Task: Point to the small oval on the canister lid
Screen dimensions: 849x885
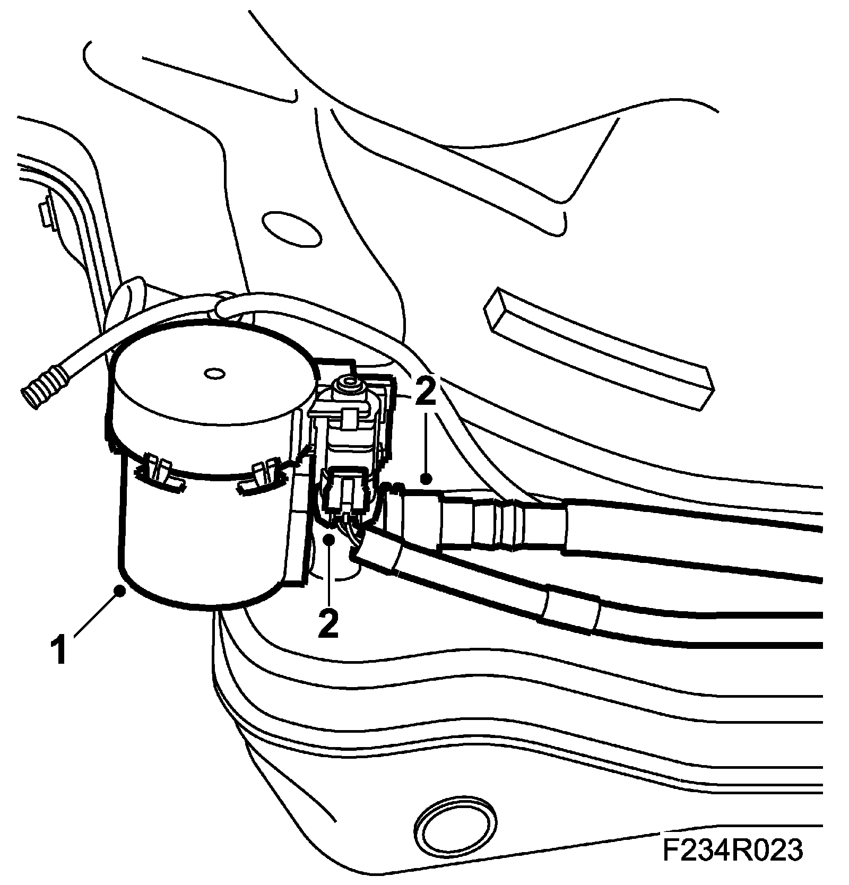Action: tap(214, 374)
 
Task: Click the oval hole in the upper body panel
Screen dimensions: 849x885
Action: tap(292, 229)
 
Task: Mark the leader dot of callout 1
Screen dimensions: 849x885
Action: tap(122, 589)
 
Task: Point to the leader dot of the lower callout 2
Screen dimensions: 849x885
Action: tap(329, 540)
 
